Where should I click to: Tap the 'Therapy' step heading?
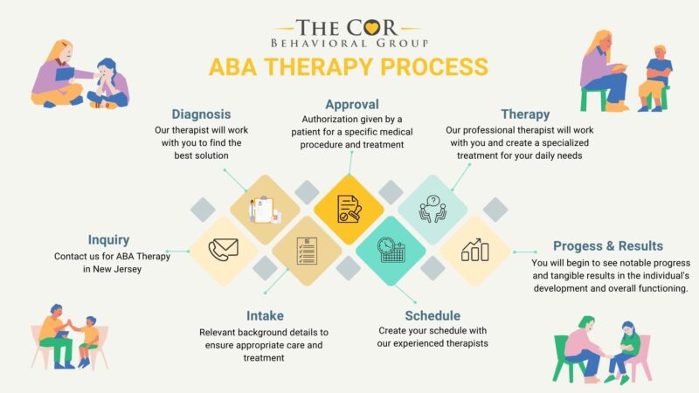525,114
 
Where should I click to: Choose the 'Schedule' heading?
433,315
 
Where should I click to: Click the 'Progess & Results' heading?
608,246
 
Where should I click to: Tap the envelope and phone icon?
224,251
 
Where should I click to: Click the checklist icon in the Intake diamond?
306,252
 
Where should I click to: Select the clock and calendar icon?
391,251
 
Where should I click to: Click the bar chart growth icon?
475,251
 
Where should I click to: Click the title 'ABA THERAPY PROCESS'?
348,67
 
